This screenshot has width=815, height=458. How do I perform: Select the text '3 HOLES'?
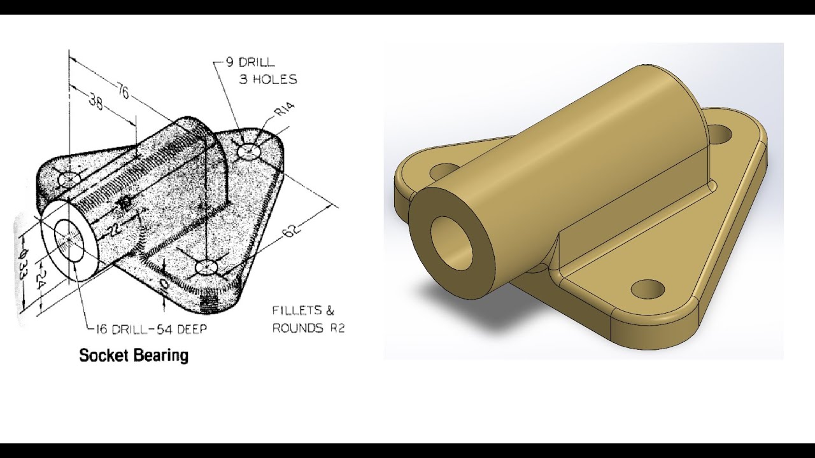click(267, 80)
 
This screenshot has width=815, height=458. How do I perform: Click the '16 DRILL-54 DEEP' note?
click(150, 329)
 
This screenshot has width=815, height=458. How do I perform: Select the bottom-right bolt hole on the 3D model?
click(648, 289)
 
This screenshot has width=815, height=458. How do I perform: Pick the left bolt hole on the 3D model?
click(441, 171)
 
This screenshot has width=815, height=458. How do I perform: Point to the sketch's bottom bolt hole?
click(206, 267)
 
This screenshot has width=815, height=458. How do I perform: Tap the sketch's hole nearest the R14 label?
click(249, 151)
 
